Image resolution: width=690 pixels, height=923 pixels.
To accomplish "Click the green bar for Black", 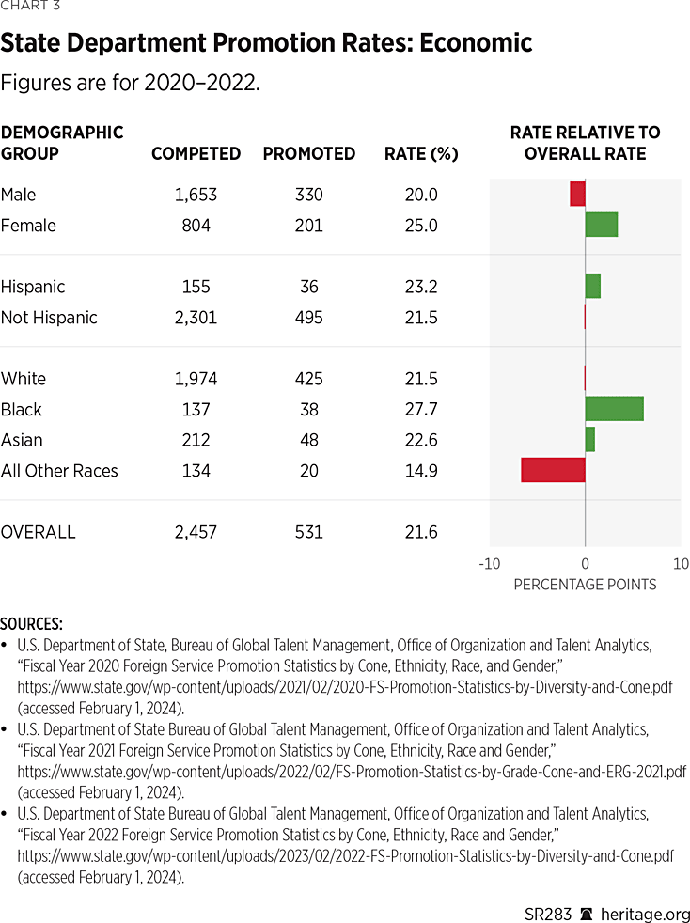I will point(614,409).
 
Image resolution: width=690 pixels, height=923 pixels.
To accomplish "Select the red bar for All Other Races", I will point(553,470).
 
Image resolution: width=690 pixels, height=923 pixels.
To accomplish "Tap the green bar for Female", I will point(601,225).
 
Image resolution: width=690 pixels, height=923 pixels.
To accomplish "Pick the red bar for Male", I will point(577,194).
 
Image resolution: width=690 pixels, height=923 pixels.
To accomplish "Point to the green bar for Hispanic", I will point(592,286).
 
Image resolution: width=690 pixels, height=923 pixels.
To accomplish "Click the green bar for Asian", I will point(589,439).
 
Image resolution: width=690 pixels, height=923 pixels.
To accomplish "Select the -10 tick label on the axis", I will point(489,564).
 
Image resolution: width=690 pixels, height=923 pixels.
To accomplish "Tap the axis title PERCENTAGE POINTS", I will point(585,585).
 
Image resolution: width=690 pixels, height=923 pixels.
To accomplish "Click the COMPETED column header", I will point(196,154).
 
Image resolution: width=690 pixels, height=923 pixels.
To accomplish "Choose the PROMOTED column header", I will point(308,154).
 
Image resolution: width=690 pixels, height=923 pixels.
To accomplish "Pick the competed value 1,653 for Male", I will point(196,195).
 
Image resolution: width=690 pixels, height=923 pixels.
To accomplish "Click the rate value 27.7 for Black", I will point(420,410).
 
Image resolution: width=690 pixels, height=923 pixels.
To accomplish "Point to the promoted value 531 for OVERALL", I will point(307,532).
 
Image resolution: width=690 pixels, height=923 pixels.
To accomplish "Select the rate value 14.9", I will point(420,471).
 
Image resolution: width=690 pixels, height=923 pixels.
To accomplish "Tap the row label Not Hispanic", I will point(49,318).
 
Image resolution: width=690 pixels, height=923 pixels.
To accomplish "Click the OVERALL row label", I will point(39,532).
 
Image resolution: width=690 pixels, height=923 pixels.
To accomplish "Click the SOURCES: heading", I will point(32,624).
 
